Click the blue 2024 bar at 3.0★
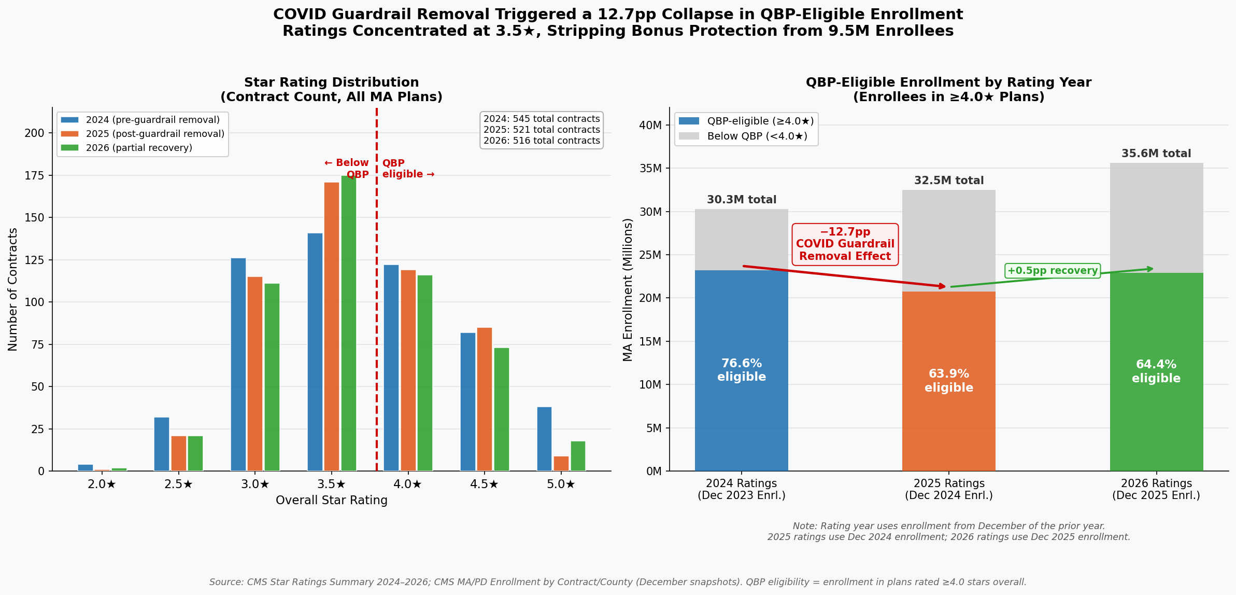click(238, 364)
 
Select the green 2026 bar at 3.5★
click(349, 323)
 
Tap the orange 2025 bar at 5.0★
click(561, 464)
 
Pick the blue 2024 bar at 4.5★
click(467, 402)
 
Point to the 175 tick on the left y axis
click(35, 175)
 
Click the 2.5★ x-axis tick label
click(178, 485)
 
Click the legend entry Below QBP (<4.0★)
click(757, 136)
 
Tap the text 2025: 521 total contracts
click(542, 130)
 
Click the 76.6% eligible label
click(741, 370)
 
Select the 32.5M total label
click(948, 181)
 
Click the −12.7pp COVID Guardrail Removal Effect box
click(845, 244)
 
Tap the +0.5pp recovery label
click(1052, 271)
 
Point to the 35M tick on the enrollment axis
click(650, 168)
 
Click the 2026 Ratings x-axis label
click(1156, 489)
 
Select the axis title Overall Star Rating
click(331, 501)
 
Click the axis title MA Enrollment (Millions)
click(628, 289)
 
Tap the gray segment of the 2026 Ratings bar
click(1156, 218)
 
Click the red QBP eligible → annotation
click(408, 169)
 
